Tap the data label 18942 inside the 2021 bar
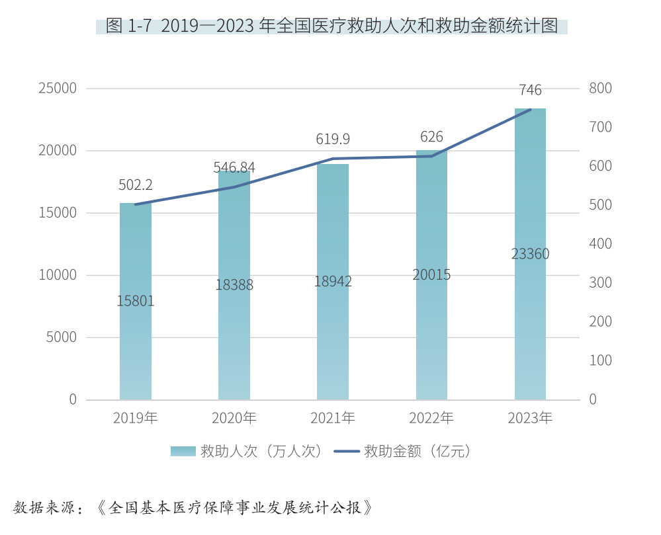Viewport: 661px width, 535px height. click(333, 281)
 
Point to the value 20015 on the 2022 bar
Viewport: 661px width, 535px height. click(431, 274)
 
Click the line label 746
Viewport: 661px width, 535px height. click(530, 90)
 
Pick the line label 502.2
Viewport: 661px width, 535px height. click(136, 185)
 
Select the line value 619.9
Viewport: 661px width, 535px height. click(333, 139)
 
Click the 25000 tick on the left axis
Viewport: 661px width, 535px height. click(58, 89)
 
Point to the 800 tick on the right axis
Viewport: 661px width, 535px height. click(600, 89)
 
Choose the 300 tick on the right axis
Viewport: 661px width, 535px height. click(600, 283)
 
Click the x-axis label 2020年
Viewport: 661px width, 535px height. click(234, 418)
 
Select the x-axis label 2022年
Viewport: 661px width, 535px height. click(431, 418)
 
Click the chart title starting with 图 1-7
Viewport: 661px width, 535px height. click(331, 26)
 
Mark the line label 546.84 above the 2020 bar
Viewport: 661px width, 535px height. click(234, 167)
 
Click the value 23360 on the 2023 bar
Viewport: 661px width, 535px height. click(530, 254)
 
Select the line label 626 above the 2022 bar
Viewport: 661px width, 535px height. click(431, 137)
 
